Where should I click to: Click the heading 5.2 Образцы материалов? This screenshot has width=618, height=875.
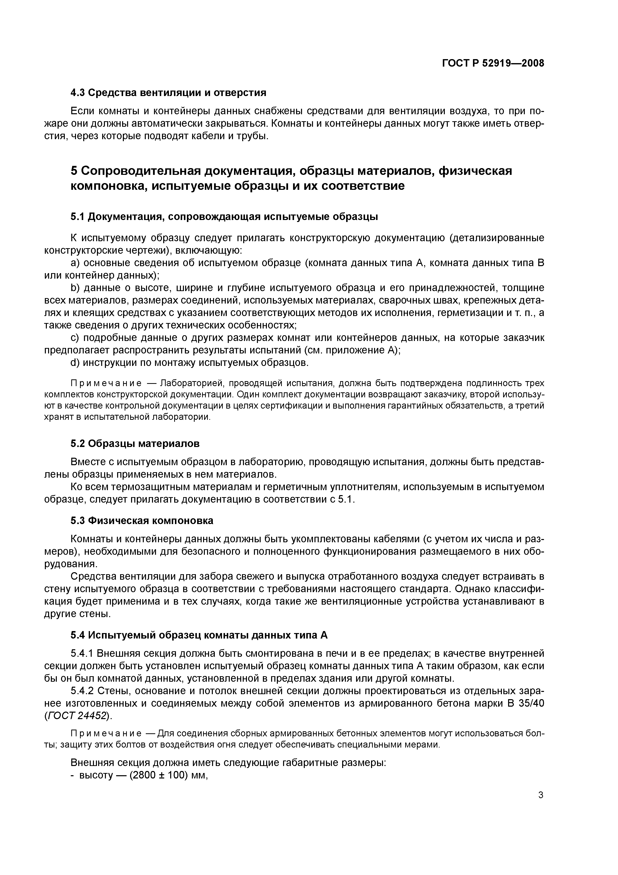pyautogui.click(x=135, y=443)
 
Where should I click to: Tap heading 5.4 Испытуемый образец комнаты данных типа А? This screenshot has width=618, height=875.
pyautogui.click(x=199, y=635)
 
